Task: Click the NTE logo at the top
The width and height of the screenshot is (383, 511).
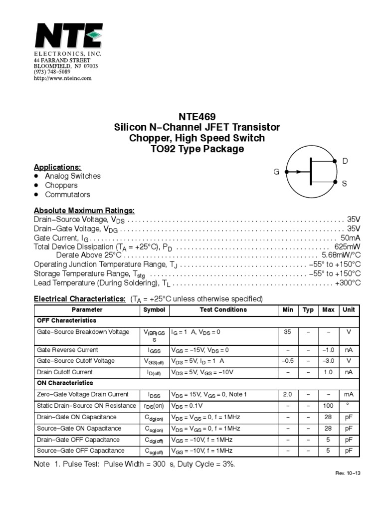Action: click(x=68, y=36)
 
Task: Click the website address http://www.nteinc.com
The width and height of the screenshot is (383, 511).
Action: click(x=62, y=78)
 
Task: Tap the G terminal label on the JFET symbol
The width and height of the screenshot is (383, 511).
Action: click(x=276, y=172)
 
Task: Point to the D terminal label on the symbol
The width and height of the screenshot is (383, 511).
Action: click(x=345, y=161)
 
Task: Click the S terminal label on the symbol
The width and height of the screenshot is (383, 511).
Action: click(x=344, y=184)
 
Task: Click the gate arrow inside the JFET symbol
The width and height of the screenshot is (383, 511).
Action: click(x=298, y=172)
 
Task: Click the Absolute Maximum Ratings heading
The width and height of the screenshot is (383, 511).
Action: click(x=84, y=211)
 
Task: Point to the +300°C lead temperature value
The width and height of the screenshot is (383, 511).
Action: click(x=347, y=283)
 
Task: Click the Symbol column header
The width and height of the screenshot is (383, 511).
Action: click(x=154, y=310)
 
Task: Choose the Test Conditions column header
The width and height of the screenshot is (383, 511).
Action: click(x=223, y=310)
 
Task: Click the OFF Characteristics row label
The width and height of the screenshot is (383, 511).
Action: click(x=67, y=320)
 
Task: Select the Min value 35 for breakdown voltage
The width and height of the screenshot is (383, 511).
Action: click(x=288, y=332)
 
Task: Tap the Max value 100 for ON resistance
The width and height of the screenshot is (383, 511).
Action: click(x=328, y=406)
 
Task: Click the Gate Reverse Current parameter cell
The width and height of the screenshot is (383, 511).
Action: click(x=67, y=350)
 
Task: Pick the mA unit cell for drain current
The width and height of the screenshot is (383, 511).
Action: click(x=349, y=394)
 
